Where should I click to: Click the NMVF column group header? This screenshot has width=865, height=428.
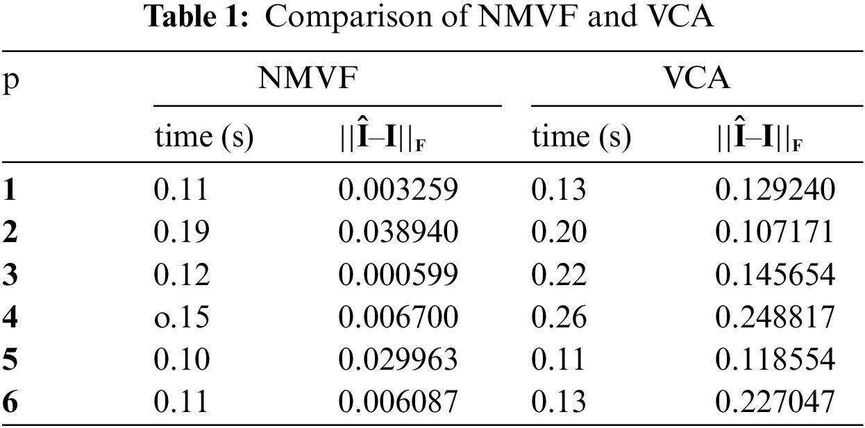[308, 80]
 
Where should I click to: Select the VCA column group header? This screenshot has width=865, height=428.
[696, 80]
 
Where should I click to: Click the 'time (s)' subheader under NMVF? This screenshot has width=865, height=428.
[204, 137]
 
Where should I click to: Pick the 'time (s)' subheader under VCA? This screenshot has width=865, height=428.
[581, 137]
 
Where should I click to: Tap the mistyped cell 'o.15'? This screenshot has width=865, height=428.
[180, 317]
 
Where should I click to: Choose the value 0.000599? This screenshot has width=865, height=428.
[398, 275]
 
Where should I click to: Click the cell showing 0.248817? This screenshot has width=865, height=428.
[775, 317]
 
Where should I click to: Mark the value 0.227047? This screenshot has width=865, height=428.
[775, 402]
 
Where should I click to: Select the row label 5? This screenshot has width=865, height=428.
[10, 359]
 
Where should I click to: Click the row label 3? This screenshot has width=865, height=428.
[10, 275]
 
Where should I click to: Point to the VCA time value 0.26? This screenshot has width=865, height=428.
[559, 317]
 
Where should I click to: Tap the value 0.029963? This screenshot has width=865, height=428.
[398, 359]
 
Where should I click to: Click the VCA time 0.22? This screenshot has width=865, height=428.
[559, 275]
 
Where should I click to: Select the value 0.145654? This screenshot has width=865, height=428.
[775, 275]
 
